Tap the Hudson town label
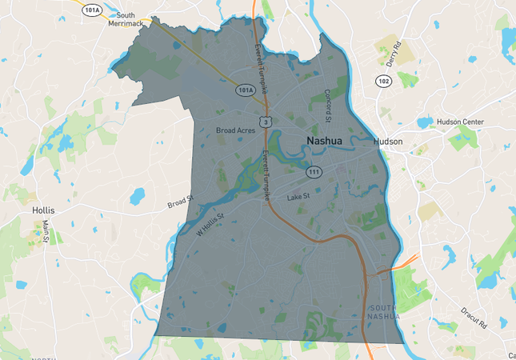(388, 142)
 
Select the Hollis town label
(42, 210)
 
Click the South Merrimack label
(126, 19)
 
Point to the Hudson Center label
(460, 122)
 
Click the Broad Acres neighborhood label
(236, 130)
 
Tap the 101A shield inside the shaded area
(245, 90)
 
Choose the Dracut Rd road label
(475, 318)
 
